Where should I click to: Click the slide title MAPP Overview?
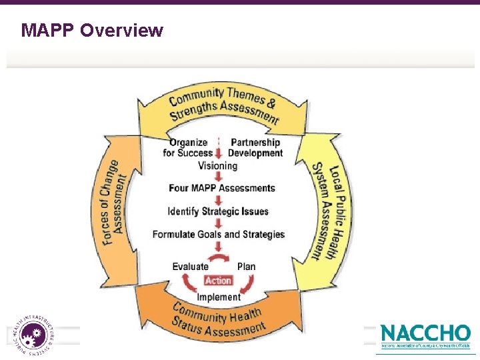pyautogui.click(x=92, y=30)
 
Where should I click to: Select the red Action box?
pyautogui.click(x=218, y=281)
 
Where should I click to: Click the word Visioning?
pyautogui.click(x=217, y=166)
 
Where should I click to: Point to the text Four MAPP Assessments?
pyautogui.click(x=222, y=188)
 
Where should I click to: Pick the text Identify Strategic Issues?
pyautogui.click(x=218, y=211)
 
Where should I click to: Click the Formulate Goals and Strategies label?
pyautogui.click(x=218, y=234)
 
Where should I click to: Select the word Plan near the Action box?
pyautogui.click(x=246, y=267)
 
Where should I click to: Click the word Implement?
pyautogui.click(x=219, y=297)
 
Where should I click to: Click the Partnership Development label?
pyautogui.click(x=255, y=147)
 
